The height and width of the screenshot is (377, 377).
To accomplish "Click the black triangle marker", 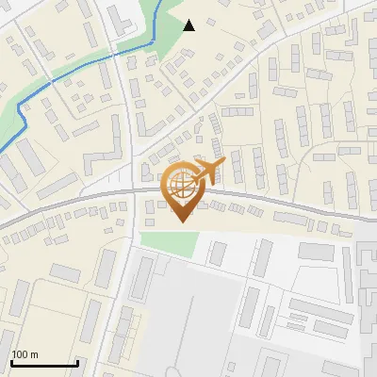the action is (x=188, y=25).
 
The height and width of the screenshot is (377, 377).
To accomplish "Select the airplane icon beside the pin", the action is (x=208, y=172).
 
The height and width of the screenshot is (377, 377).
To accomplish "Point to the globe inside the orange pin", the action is (x=180, y=184).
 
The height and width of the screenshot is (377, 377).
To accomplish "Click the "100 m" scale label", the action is (x=25, y=354).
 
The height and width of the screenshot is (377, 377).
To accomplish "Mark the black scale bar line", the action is (x=44, y=363).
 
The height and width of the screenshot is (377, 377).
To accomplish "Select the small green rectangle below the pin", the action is (x=171, y=241).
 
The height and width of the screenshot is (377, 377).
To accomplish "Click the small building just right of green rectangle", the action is (x=218, y=253).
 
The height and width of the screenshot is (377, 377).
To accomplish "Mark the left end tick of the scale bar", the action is (x=11, y=361).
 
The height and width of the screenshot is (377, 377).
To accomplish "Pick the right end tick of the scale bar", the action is (x=77, y=361).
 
